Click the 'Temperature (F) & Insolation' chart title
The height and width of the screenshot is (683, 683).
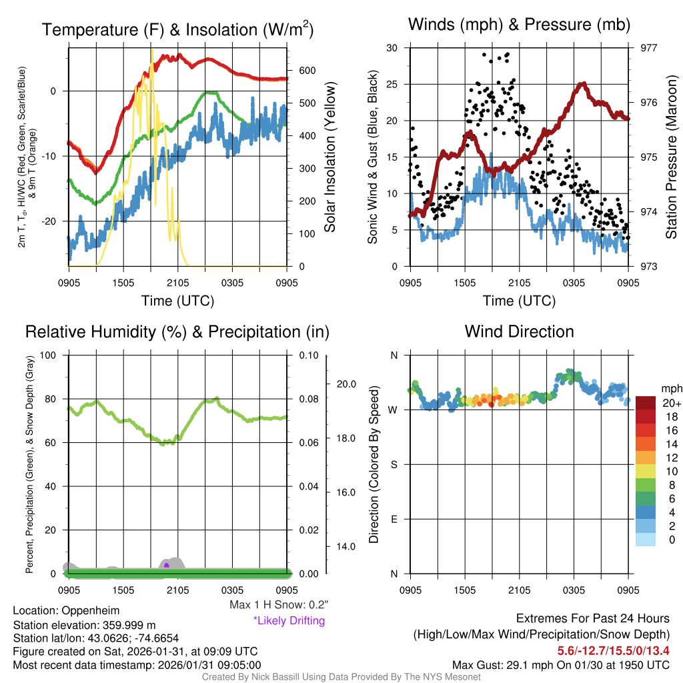point(177,29)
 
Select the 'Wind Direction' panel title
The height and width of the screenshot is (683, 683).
point(519,331)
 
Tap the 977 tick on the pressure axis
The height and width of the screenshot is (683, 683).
point(649,48)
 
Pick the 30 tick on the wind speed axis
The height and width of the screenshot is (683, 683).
point(392,48)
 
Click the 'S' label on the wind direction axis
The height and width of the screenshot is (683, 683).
point(393,464)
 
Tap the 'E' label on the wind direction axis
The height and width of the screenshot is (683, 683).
point(393,519)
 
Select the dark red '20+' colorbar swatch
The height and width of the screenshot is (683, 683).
point(646,403)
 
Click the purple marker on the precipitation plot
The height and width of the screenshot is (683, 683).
point(166,565)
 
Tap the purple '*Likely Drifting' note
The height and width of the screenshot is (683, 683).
point(289,620)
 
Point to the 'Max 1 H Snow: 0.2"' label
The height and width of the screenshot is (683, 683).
point(278,605)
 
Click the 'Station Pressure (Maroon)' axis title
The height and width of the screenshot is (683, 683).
point(672,157)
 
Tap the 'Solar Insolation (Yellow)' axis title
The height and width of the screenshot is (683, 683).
point(329,157)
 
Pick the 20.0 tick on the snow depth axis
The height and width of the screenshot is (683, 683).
point(347,384)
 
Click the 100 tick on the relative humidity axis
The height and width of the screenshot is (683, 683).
point(49,355)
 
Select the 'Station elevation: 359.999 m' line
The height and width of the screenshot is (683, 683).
point(83,625)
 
